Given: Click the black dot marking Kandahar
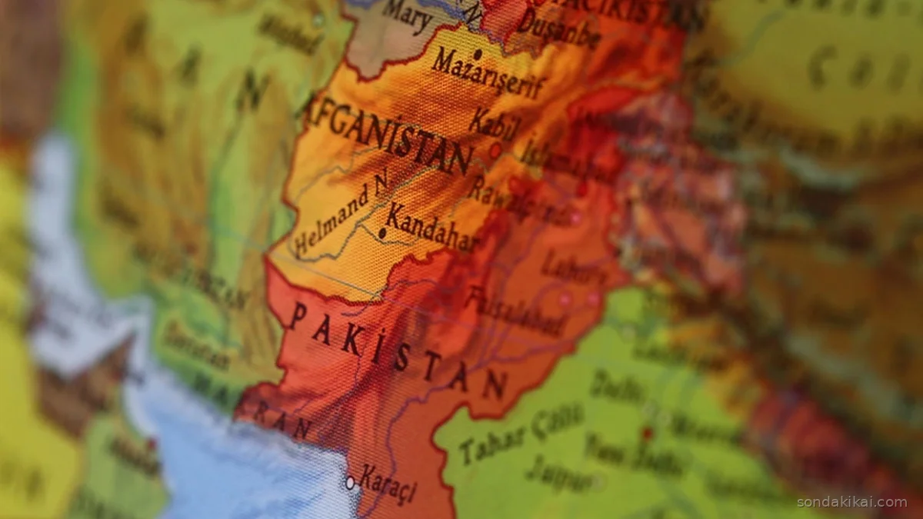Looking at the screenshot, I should [382, 232].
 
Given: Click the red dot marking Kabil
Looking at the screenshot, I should [496, 150].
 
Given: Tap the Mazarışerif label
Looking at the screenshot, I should [488, 75].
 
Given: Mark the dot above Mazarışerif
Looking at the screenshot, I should [478, 54].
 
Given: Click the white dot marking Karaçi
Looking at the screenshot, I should [350, 483].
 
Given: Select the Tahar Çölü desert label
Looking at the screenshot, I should [522, 434].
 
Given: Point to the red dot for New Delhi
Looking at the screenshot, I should [647, 433].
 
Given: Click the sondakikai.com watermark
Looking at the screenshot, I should [851, 502].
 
